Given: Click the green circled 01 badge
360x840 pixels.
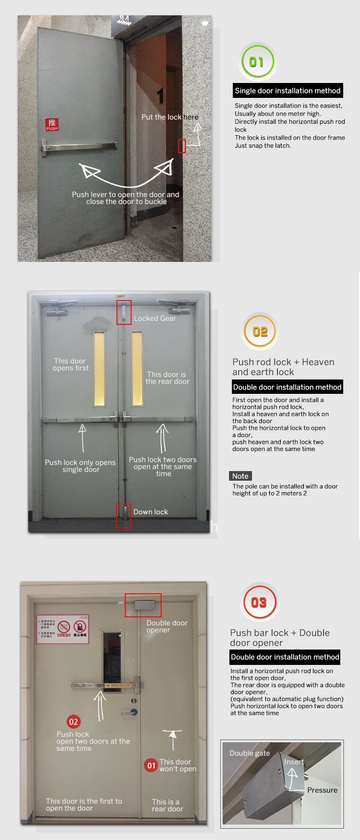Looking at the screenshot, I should [x=257, y=62].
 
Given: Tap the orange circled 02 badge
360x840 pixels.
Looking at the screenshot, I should [x=260, y=331].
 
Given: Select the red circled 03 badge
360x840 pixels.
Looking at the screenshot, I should [x=259, y=603].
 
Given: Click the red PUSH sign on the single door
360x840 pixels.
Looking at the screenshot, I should [x=52, y=125].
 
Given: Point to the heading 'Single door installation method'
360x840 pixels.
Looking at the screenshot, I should [x=288, y=91].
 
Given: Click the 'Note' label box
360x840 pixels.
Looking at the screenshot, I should [x=240, y=476].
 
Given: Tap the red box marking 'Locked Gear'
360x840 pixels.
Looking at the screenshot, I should [x=124, y=312].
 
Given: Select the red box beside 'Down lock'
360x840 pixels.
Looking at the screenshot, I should [x=123, y=516].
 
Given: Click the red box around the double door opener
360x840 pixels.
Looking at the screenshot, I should [x=143, y=605].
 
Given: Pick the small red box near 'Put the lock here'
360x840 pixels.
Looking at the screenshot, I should [x=182, y=146].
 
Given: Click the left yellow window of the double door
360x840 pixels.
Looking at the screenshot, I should [x=99, y=369].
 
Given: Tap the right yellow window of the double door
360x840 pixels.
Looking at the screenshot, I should [x=137, y=369].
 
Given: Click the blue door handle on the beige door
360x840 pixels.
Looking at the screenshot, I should [x=133, y=713].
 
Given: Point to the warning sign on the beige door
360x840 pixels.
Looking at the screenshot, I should [x=63, y=629].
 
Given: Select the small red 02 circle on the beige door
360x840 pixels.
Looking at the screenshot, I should [x=73, y=722].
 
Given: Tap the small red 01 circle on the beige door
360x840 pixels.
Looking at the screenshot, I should [x=151, y=765].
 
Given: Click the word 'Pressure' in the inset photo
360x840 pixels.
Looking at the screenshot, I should [x=322, y=790].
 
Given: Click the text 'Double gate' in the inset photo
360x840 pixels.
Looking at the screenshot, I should [x=250, y=753].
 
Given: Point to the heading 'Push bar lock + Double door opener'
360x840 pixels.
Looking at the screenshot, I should [x=280, y=638].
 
